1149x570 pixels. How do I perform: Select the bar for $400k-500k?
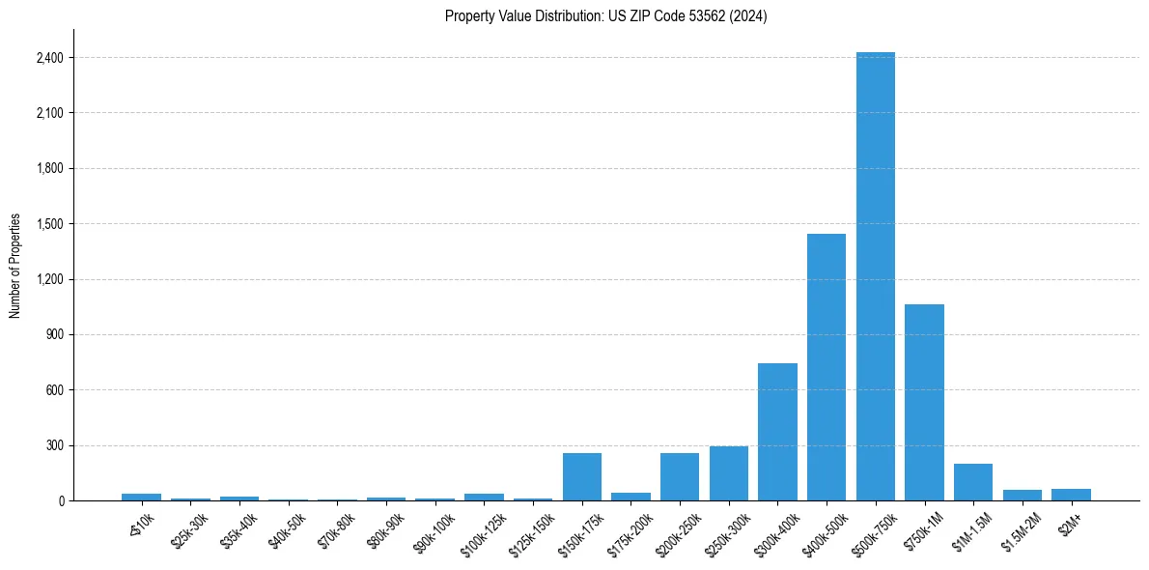pyautogui.click(x=827, y=367)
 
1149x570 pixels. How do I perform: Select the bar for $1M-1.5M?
pyautogui.click(x=973, y=482)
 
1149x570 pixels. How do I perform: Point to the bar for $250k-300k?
pyautogui.click(x=729, y=473)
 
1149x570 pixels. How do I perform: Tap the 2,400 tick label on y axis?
pyautogui.click(x=49, y=58)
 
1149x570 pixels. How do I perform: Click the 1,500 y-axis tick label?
pyautogui.click(x=49, y=224)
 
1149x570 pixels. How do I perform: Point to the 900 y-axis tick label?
pyautogui.click(x=54, y=335)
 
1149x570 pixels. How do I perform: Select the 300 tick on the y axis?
pyautogui.click(x=54, y=446)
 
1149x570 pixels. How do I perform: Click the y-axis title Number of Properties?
pyautogui.click(x=15, y=266)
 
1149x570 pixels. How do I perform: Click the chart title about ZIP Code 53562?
pyautogui.click(x=606, y=16)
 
